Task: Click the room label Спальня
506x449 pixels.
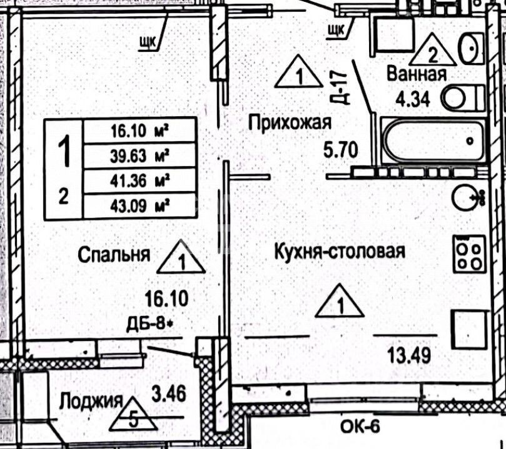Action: tap(114, 254)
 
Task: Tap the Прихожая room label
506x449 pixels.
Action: tap(288, 122)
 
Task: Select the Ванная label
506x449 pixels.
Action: tap(416, 74)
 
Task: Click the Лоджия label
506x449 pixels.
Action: tap(90, 400)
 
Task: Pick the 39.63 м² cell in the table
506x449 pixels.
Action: tap(141, 154)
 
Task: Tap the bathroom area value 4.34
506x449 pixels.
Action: tap(412, 99)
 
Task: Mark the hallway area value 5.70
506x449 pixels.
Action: tap(340, 150)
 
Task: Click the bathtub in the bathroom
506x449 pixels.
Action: tap(434, 141)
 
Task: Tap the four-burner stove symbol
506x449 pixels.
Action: tap(470, 254)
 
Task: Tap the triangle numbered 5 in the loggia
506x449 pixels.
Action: tap(132, 414)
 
